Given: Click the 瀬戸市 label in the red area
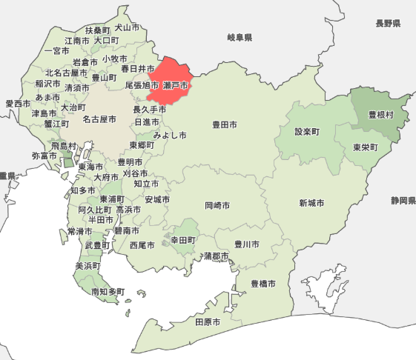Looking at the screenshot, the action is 175,86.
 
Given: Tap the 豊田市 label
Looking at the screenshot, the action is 225,125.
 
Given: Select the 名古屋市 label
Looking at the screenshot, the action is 99,119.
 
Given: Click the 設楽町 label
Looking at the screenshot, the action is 306,132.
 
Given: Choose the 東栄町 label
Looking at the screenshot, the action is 366,147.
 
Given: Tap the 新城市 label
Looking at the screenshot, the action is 311,203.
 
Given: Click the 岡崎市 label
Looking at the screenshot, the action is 217,205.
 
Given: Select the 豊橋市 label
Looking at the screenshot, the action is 263,284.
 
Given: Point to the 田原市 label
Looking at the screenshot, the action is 208,322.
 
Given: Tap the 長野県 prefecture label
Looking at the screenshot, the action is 388,24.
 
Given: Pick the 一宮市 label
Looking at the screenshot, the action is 57,51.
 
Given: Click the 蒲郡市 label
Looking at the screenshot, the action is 217,256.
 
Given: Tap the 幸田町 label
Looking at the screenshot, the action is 182,241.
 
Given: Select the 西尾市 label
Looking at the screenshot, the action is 142,244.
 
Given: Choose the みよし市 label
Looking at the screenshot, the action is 170,136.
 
